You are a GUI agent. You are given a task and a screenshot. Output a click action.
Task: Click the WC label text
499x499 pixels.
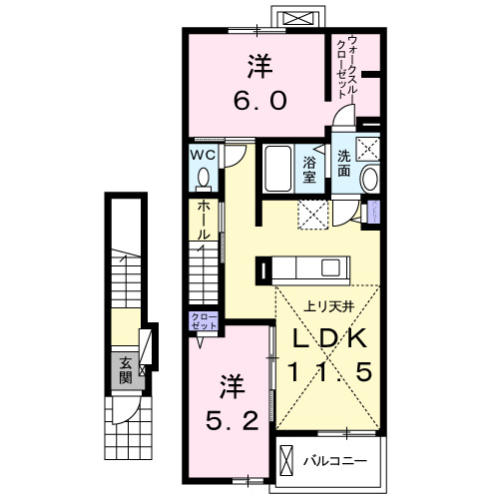(204, 155)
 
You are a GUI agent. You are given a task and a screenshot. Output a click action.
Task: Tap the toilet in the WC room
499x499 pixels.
(204, 178)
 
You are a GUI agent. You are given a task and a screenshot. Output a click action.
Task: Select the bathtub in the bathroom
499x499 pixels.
(276, 169)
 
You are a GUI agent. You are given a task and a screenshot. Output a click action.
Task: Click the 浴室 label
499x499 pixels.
(309, 170)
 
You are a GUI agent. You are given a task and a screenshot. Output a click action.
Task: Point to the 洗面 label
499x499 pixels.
(341, 164)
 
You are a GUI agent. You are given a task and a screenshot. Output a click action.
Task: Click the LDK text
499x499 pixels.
(326, 338)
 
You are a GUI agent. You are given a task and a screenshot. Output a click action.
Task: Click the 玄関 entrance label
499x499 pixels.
(126, 371)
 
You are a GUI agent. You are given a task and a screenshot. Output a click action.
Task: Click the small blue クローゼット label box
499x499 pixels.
(203, 321)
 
